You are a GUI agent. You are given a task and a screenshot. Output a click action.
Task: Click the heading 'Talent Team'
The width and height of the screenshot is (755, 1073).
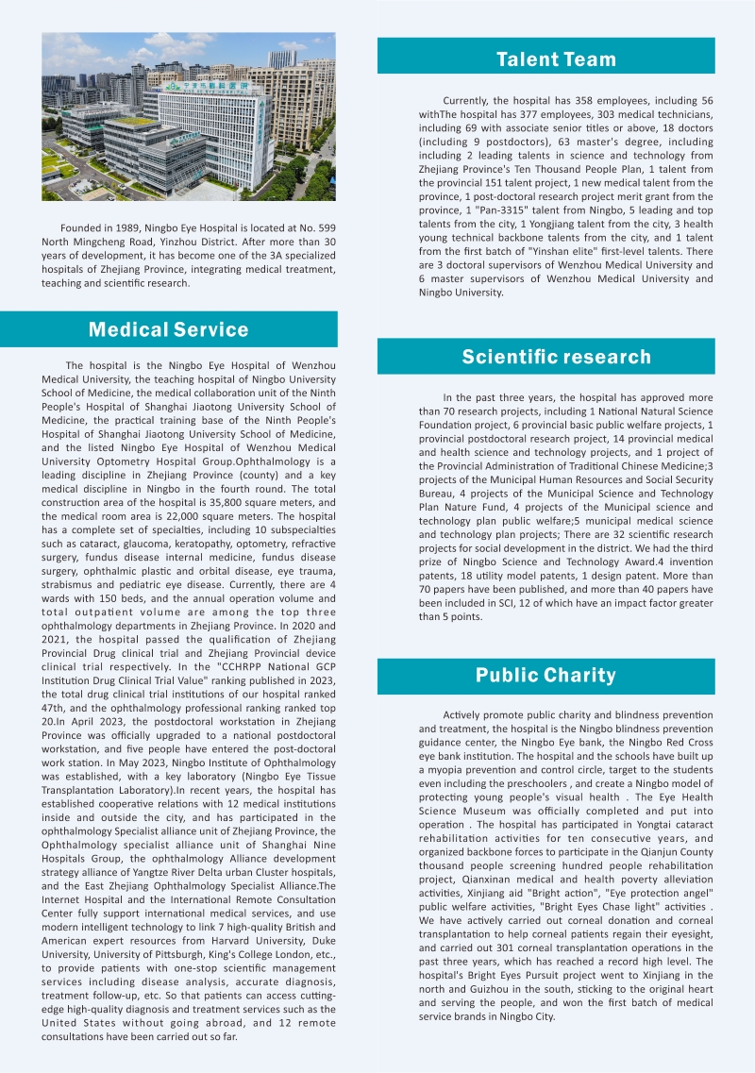(556, 59)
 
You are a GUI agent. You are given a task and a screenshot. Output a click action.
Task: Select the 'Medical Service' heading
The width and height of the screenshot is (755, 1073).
(168, 329)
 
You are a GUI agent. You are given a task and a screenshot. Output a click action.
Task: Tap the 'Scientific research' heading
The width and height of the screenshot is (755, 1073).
(556, 357)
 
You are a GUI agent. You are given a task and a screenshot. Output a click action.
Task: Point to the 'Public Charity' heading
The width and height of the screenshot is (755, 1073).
(545, 675)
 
